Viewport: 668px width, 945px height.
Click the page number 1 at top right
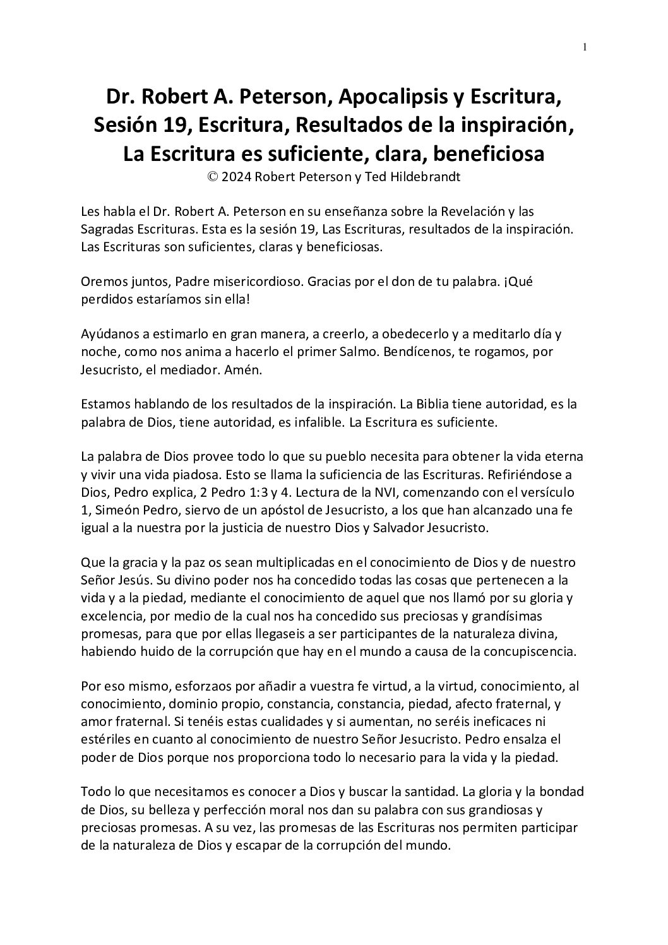(x=585, y=47)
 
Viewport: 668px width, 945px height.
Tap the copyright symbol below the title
(x=212, y=177)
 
